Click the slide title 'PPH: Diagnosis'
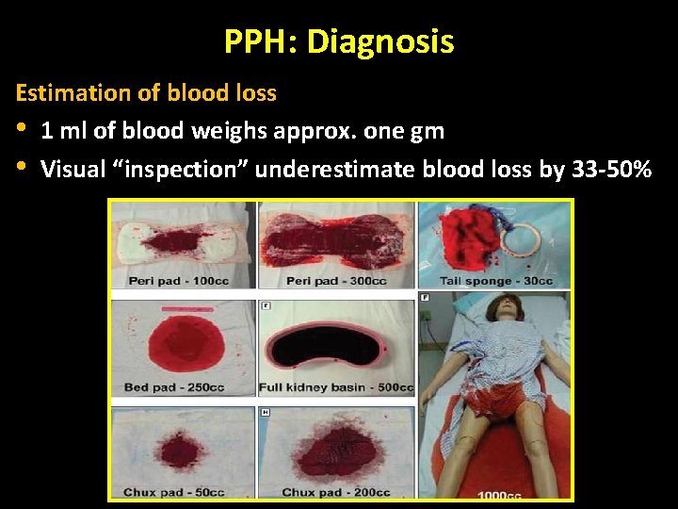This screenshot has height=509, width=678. [x=339, y=41]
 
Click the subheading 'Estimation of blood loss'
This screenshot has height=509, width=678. [x=146, y=93]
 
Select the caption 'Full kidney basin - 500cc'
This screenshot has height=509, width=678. [x=336, y=387]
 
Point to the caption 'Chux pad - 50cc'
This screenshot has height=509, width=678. [x=172, y=492]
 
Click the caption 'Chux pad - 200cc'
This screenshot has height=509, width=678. [x=336, y=492]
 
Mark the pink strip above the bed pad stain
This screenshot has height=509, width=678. [x=189, y=309]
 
